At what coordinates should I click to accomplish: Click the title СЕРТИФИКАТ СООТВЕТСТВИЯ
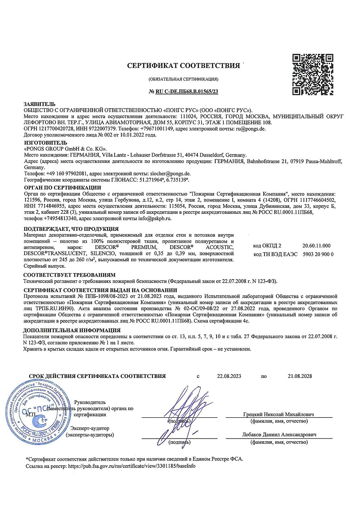pos(183,66)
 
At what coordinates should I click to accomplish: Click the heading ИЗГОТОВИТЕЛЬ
pos(46,143)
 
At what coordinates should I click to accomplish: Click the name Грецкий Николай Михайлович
pos(278,414)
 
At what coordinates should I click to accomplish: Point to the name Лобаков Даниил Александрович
pos(278,435)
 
